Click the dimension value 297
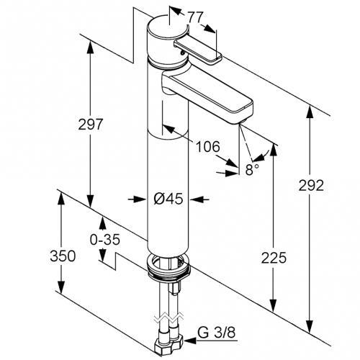coord(91,124)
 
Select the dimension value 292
coord(311,185)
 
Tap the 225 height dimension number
coord(274,258)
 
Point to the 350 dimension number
coord(63,256)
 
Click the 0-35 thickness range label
coord(105,239)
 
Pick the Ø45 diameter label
coord(168,199)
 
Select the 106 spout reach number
coord(208,146)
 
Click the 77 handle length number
coord(195,17)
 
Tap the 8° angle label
coord(252,170)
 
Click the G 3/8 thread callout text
coord(217,333)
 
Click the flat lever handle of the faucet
coord(198,53)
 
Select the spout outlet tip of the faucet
coord(242,122)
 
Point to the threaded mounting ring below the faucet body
coord(168,267)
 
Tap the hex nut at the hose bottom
coord(168,346)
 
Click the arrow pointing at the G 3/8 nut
coord(211,341)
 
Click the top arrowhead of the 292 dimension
coord(310,112)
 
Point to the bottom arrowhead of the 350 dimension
coord(61,287)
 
